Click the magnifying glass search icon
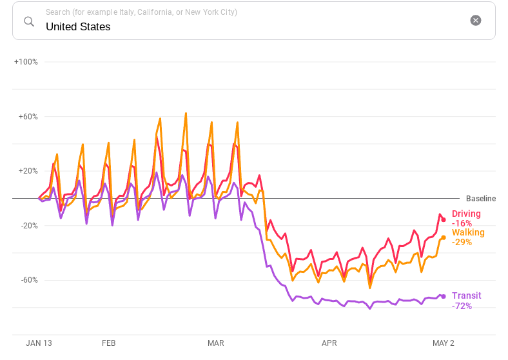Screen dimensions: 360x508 click(x=29, y=21)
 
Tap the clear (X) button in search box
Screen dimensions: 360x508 click(x=476, y=20)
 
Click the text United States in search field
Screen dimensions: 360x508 click(x=78, y=27)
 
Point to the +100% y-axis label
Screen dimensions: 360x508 click(x=26, y=62)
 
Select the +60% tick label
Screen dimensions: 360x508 click(x=28, y=117)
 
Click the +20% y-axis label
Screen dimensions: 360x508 click(x=28, y=171)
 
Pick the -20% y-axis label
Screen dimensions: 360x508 click(x=28, y=226)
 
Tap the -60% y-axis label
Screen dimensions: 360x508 click(x=28, y=280)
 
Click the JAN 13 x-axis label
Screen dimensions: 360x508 click(x=39, y=343)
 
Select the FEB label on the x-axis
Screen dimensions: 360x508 click(x=109, y=343)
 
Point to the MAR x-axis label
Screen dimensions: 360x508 click(x=216, y=343)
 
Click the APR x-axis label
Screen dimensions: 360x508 click(x=329, y=343)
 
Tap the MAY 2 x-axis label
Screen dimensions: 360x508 click(x=443, y=343)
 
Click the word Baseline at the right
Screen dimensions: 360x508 click(x=481, y=199)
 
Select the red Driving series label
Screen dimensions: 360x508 click(x=466, y=214)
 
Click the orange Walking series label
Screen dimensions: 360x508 click(x=468, y=232)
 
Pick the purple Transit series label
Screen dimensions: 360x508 click(x=466, y=295)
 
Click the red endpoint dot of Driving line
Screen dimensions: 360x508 click(x=444, y=220)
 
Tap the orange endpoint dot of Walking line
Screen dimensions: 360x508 click(x=443, y=237)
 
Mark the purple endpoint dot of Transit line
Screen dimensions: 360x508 click(x=443, y=296)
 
